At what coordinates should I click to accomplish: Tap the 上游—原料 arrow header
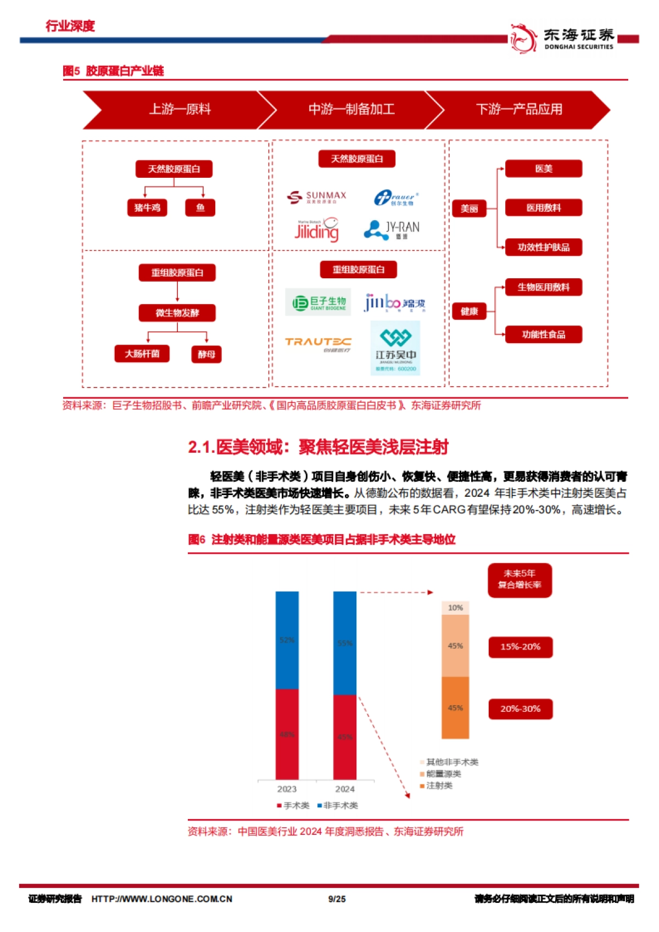click(180, 109)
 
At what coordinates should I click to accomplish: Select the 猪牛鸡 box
click(147, 207)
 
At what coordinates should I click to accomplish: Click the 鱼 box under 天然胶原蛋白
click(200, 207)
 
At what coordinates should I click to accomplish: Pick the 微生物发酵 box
click(177, 313)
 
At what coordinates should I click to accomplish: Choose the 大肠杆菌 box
click(142, 353)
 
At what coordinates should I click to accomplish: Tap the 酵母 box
click(206, 354)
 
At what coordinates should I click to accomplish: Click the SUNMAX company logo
click(317, 197)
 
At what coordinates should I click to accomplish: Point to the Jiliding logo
click(317, 230)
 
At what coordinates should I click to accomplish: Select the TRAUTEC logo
click(318, 343)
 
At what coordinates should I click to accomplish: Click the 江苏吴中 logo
click(395, 348)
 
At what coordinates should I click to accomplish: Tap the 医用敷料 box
click(543, 207)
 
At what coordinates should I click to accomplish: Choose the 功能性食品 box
click(543, 334)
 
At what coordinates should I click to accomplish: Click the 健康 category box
click(469, 311)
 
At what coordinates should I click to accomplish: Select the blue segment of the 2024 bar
click(345, 643)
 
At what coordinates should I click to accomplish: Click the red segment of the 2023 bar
click(287, 734)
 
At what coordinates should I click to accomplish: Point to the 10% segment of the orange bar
click(455, 608)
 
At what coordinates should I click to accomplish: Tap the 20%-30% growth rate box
click(520, 709)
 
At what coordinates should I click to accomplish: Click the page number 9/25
click(337, 899)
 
